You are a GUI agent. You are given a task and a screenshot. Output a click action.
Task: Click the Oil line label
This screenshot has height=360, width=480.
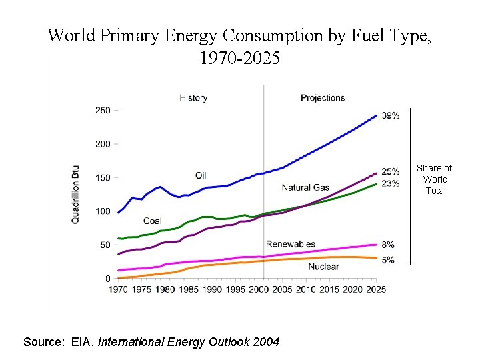click(x=201, y=175)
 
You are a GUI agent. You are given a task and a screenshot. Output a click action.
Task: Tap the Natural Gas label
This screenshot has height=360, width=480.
click(x=305, y=187)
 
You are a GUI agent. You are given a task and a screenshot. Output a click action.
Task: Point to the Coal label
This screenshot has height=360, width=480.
click(x=153, y=221)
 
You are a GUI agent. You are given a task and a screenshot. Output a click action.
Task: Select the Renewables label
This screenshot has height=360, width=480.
click(x=290, y=244)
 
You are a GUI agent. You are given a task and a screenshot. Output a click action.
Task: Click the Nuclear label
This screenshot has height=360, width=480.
click(x=323, y=267)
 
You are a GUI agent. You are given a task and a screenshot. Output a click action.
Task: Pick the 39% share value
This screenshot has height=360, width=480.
click(x=391, y=115)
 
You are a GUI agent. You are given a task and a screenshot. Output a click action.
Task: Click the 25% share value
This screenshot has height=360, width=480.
click(x=391, y=172)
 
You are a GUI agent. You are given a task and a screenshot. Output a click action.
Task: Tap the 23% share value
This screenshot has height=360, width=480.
click(x=391, y=183)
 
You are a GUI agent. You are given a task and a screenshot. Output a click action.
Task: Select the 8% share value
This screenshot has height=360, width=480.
click(x=388, y=245)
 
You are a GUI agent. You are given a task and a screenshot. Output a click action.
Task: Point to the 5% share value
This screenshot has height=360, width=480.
click(x=388, y=260)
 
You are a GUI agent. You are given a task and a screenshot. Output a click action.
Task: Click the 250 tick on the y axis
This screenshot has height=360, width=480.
click(x=103, y=110)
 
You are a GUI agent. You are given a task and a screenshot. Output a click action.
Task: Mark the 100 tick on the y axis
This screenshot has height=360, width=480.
click(x=103, y=211)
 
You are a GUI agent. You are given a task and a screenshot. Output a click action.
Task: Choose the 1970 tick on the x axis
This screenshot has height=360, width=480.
click(x=119, y=289)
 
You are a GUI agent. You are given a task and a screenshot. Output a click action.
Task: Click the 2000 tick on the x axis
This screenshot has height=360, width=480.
click(x=259, y=289)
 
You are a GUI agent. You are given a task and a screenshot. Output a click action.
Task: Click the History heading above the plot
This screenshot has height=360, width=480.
click(x=193, y=98)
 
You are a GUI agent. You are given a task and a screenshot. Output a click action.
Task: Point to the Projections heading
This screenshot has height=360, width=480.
click(x=323, y=98)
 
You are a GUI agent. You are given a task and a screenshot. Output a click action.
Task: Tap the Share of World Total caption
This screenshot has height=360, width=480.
click(x=435, y=179)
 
